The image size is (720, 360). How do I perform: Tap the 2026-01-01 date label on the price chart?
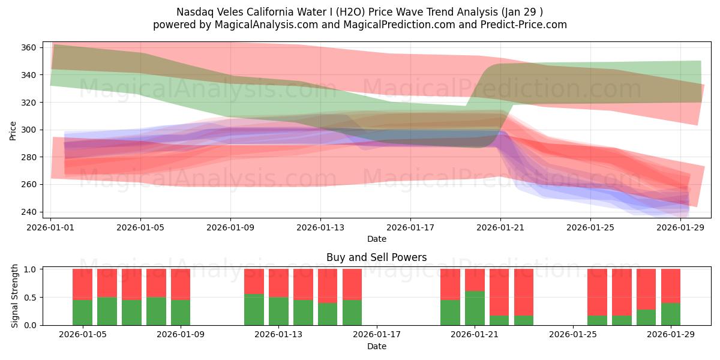click(x=51, y=227)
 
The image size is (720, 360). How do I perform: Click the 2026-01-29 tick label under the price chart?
click(x=680, y=227)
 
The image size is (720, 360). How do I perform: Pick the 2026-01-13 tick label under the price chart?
click(x=320, y=227)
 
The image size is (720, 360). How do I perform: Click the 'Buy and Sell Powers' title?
click(x=376, y=257)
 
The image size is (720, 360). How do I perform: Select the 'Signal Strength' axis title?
click(x=15, y=297)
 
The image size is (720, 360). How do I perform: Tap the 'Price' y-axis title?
click(x=13, y=130)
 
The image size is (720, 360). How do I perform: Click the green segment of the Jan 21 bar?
click(x=475, y=308)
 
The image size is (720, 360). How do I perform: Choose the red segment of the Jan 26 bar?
click(x=597, y=292)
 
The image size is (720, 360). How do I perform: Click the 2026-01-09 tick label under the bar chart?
click(x=181, y=335)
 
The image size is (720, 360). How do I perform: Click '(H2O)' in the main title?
click(x=355, y=12)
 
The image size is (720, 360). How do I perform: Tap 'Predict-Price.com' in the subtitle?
click(x=523, y=25)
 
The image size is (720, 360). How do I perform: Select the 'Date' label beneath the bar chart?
click(x=376, y=346)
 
